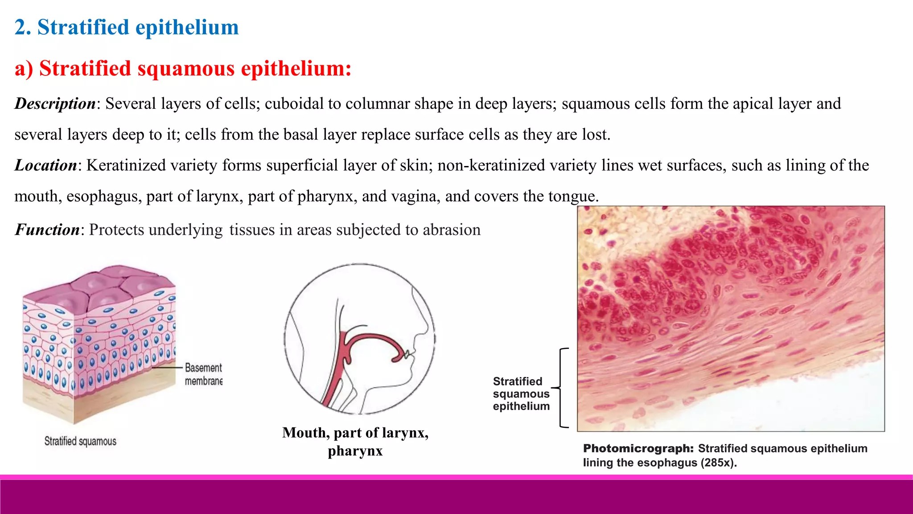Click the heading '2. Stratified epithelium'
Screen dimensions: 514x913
point(127,28)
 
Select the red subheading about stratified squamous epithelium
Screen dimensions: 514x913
point(183,69)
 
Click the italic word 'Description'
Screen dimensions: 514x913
point(55,104)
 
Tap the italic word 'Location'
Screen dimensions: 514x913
point(45,166)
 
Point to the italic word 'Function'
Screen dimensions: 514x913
point(47,230)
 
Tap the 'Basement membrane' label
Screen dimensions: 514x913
point(203,374)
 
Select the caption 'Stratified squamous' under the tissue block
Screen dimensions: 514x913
point(80,441)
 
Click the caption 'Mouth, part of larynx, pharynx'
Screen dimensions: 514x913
point(355,441)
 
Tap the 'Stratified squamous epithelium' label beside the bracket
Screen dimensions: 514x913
point(521,394)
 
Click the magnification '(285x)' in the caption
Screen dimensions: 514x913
point(718,463)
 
